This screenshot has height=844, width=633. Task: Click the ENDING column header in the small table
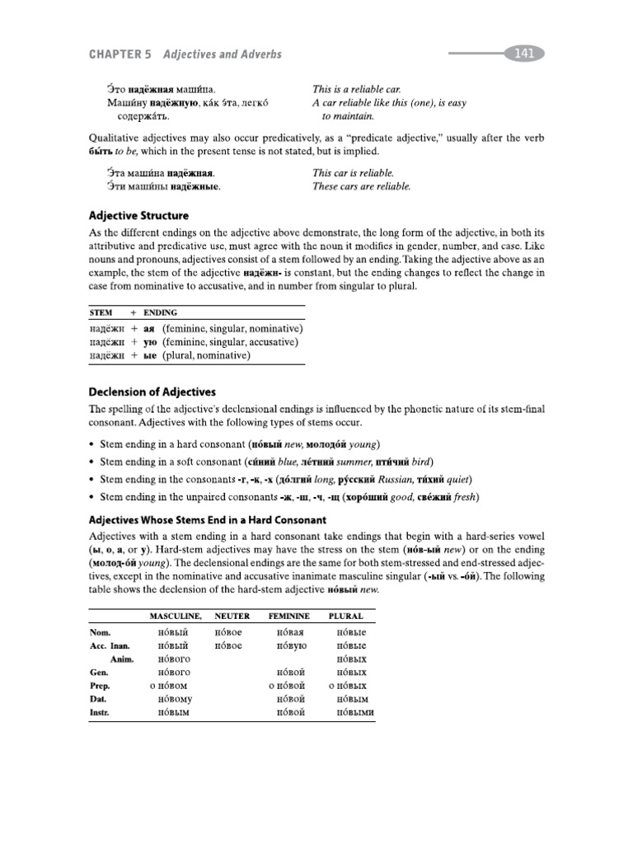pos(160,312)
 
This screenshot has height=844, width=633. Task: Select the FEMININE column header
pos(288,615)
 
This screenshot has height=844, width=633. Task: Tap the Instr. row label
pos(100,712)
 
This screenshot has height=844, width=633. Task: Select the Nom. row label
pos(99,632)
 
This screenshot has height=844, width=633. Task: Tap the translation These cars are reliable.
pos(361,186)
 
